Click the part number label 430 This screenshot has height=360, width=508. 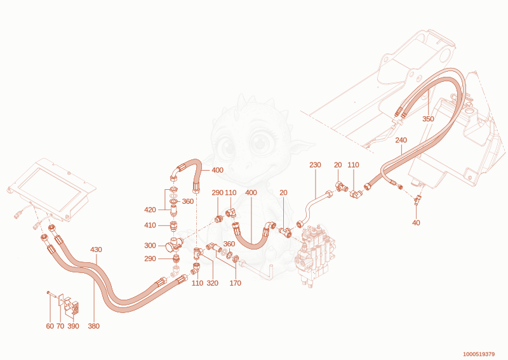pos(96,250)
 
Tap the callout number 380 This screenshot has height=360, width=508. pos(93,326)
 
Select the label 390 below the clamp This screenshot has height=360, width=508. pos(73,326)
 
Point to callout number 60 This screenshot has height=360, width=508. pos(50,326)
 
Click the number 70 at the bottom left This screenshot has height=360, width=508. pos(60,326)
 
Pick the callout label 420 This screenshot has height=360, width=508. pos(150,210)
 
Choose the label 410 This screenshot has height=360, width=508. pos(150,225)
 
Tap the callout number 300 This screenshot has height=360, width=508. pos(150,246)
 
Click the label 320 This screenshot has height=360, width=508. pos(213,283)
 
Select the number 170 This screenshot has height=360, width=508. pos(236,283)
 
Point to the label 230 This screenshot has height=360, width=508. pos(315,165)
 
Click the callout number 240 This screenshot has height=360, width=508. pos(401,140)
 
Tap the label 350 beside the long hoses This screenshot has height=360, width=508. pos(428,119)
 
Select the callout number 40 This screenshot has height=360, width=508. pos(416,223)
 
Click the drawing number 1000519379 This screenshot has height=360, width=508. pos(479,354)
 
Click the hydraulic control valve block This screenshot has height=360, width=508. pos(314,255)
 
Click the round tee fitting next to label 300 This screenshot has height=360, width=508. pos(173,245)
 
